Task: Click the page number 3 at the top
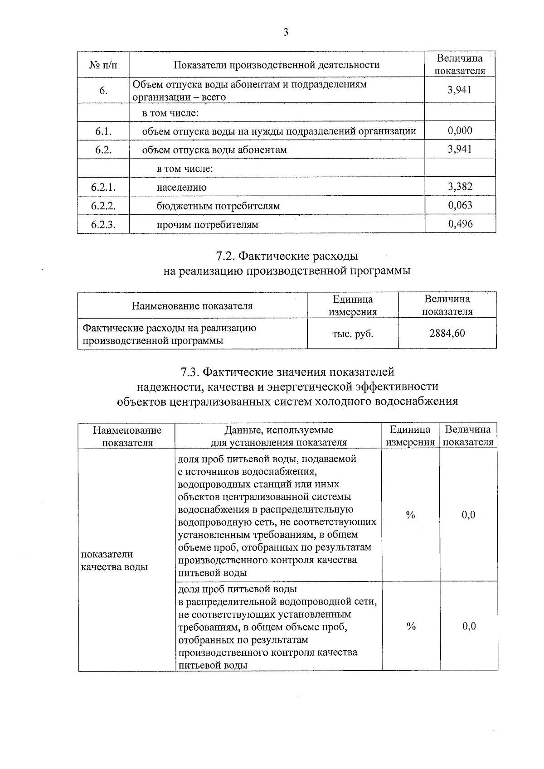pyautogui.click(x=285, y=32)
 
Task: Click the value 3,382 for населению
pyautogui.click(x=460, y=186)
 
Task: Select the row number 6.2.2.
pyautogui.click(x=103, y=206)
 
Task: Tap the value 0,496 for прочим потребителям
pyautogui.click(x=460, y=223)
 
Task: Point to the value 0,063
pyautogui.click(x=460, y=205)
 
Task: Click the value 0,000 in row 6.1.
pyautogui.click(x=460, y=131)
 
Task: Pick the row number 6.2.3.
pyautogui.click(x=103, y=224)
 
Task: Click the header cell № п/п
pyautogui.click(x=103, y=65)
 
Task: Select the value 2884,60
pyautogui.click(x=447, y=334)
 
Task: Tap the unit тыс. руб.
pyautogui.click(x=353, y=334)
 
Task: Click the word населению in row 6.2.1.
pyautogui.click(x=181, y=188)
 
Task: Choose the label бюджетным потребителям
pyautogui.click(x=218, y=206)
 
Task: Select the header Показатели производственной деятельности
pyautogui.click(x=276, y=65)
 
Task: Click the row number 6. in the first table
pyautogui.click(x=103, y=91)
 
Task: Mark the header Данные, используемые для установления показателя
pyautogui.click(x=278, y=436)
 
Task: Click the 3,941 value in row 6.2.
pyautogui.click(x=460, y=149)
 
